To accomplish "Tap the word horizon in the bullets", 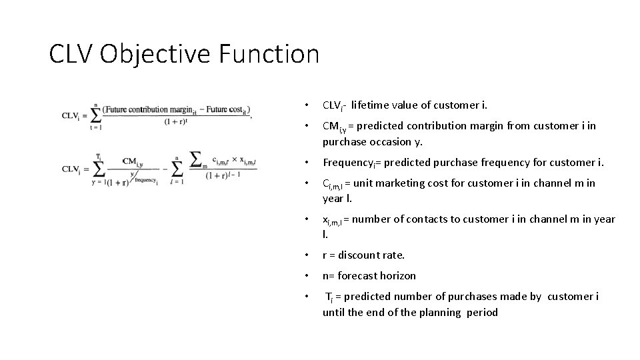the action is tap(396, 275).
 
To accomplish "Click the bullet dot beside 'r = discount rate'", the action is tap(305, 255).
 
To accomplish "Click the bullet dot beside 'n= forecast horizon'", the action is tap(305, 275).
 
